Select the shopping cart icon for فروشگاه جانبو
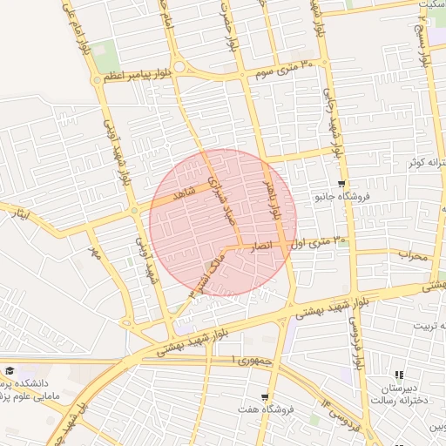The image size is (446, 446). [341, 184]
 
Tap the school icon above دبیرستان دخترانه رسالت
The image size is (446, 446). [399, 375]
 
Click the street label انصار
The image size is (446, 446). [262, 247]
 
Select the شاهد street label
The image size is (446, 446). [183, 195]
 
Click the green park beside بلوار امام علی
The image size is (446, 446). [104, 51]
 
